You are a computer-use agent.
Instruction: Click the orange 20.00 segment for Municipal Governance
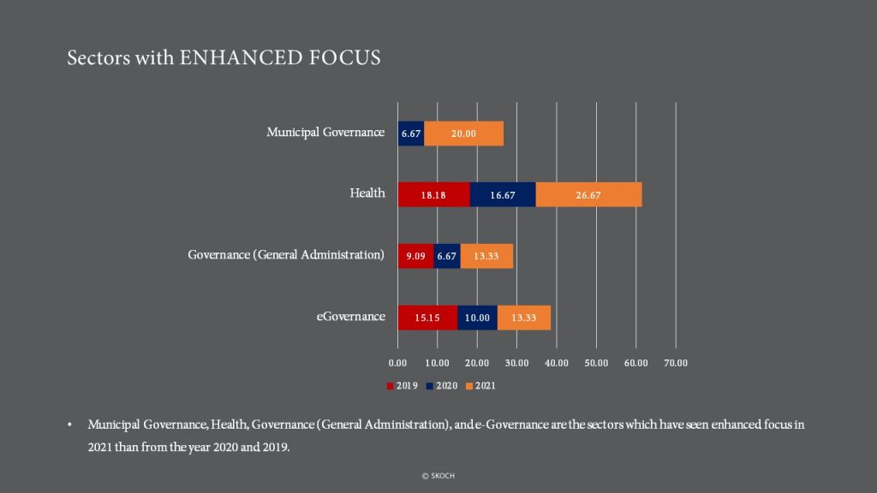463,134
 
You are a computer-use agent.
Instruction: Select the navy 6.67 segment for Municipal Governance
410,134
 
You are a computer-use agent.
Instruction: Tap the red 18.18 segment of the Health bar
433,194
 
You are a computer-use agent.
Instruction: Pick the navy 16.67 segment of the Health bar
503,194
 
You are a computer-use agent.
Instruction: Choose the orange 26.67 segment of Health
589,194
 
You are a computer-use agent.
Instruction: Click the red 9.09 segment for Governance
415,256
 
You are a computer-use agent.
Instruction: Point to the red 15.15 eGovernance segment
427,318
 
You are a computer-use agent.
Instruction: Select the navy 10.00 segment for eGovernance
478,318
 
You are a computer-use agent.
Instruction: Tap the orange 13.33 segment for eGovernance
524,318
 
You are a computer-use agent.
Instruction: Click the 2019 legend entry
403,386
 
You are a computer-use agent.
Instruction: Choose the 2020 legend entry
442,386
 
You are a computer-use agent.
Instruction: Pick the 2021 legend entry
480,386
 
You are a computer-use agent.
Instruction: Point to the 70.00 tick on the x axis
676,363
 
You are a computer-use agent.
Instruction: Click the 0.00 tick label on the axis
397,363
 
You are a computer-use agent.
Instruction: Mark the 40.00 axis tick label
557,363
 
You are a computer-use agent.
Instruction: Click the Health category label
367,193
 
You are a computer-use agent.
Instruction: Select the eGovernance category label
350,317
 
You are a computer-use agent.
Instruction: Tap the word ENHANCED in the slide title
241,57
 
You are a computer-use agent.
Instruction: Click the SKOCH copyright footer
438,476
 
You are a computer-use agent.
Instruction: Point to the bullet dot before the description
69,425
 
